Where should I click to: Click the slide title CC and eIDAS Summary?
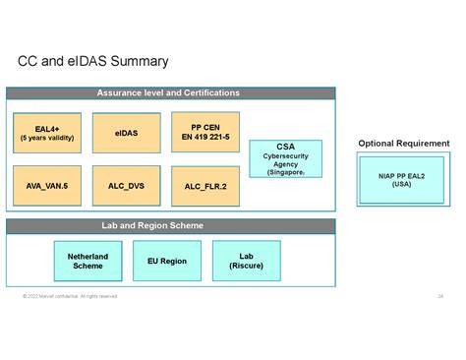click(92, 62)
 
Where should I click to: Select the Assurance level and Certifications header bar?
click(168, 93)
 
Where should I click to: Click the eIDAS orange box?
click(126, 132)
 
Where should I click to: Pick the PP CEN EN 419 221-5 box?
click(206, 131)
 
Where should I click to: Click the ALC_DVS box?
click(126, 185)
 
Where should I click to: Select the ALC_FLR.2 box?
click(206, 185)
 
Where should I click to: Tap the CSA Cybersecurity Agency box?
click(285, 158)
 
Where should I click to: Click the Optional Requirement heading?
click(403, 144)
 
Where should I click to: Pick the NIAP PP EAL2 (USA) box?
click(402, 179)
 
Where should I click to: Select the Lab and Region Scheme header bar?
click(168, 226)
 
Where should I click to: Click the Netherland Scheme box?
click(87, 261)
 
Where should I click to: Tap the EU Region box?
click(167, 261)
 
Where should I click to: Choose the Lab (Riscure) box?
click(246, 261)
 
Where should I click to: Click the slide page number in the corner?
click(439, 296)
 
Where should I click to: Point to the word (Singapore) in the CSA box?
click(285, 172)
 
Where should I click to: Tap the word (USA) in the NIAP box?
click(402, 185)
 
